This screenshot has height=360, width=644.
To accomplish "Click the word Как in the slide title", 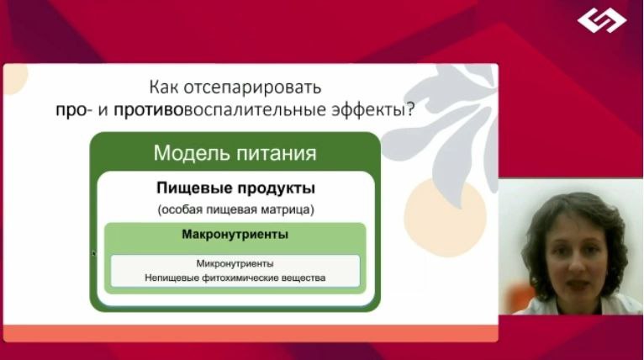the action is (x=163, y=87).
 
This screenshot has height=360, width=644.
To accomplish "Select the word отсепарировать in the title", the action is (x=252, y=88).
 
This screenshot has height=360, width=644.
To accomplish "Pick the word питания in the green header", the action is (x=277, y=154).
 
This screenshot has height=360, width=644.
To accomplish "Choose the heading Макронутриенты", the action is (x=235, y=235).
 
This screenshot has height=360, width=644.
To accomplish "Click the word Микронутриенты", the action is (x=235, y=263).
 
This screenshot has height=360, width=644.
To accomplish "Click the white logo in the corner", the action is (x=602, y=20).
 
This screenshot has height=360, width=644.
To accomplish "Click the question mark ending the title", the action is (x=410, y=109).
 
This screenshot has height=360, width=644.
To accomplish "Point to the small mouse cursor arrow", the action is (x=94, y=253).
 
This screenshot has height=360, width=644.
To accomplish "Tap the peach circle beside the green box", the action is (x=446, y=218).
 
